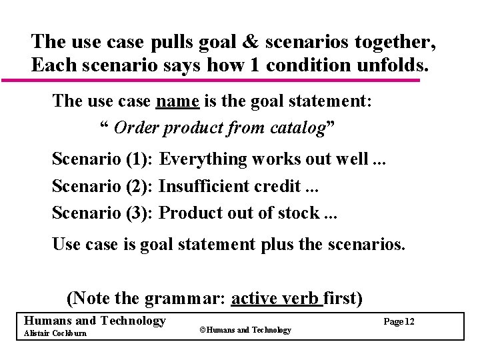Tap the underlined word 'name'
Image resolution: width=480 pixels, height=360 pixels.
coord(178,101)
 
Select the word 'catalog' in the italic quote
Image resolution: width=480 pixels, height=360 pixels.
coord(291,127)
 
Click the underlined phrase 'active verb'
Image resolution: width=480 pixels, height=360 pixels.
coord(275,298)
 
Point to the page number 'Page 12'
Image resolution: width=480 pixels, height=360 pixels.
coord(399,322)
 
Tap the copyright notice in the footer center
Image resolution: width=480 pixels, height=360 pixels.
coord(245,330)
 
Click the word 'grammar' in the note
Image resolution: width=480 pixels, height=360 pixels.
coord(186,298)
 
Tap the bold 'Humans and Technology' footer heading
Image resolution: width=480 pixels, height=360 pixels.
coord(94,321)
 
